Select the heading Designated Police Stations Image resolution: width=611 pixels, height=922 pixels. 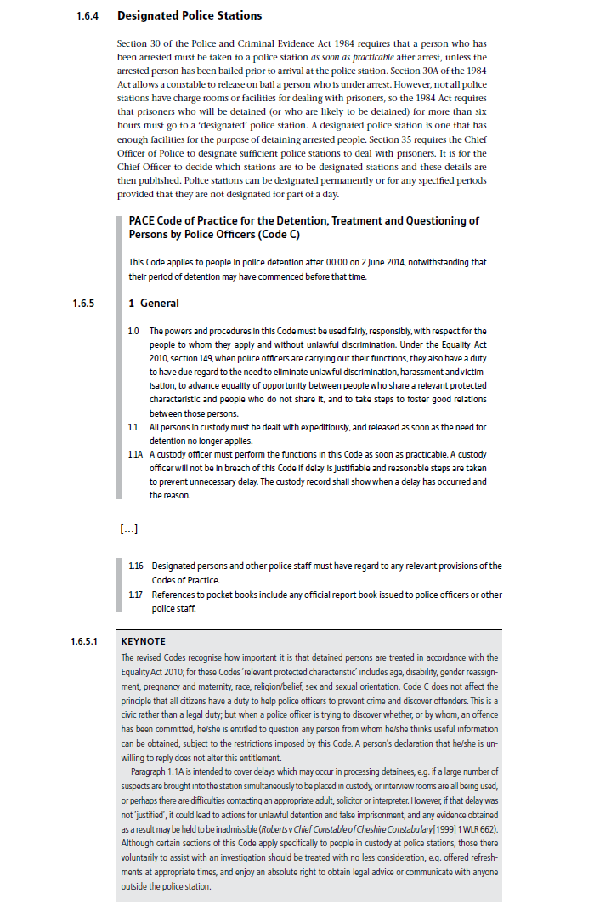190,15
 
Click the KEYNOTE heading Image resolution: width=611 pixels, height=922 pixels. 144,640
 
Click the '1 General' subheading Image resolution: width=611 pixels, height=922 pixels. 153,303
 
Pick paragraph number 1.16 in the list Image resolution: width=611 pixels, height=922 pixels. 135,566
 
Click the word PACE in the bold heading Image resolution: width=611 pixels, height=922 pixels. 143,220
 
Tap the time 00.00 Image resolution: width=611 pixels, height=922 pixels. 316,263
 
